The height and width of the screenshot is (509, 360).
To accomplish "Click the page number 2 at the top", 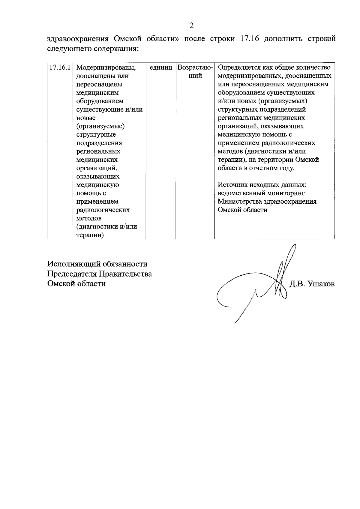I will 191,26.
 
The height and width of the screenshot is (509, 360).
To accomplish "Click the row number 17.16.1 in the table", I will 60,67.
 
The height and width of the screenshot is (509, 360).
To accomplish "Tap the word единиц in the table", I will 160,68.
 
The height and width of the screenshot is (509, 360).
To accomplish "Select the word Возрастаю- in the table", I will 195,67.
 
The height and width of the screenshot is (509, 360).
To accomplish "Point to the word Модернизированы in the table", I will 103,68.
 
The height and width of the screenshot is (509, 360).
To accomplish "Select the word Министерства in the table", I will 238,202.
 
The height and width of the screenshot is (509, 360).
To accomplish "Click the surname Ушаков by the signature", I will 321,284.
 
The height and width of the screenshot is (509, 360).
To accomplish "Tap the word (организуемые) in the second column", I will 100,126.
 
